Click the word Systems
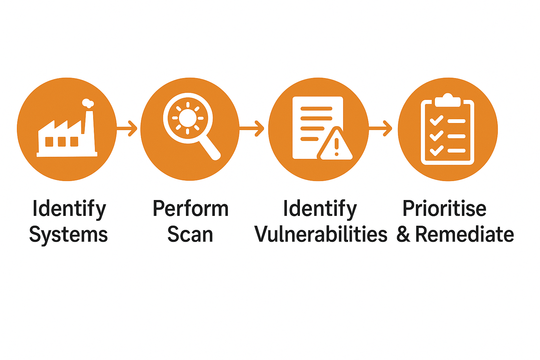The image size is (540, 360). pos(69,234)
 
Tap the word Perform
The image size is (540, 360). pos(191,208)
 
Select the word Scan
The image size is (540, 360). pos(190,234)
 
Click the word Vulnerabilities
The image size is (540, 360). pos(321,234)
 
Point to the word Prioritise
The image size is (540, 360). pos(444,208)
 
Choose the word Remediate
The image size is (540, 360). pos(464,234)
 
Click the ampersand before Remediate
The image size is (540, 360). pos(403,234)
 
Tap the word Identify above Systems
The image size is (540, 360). pos(69,208)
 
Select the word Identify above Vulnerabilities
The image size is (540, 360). pos(320,208)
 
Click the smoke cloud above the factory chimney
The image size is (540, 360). pos(88,103)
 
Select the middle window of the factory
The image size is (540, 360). pos(62,142)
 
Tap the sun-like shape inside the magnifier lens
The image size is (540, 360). pos(187,118)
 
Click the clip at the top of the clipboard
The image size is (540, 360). pos(448,100)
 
